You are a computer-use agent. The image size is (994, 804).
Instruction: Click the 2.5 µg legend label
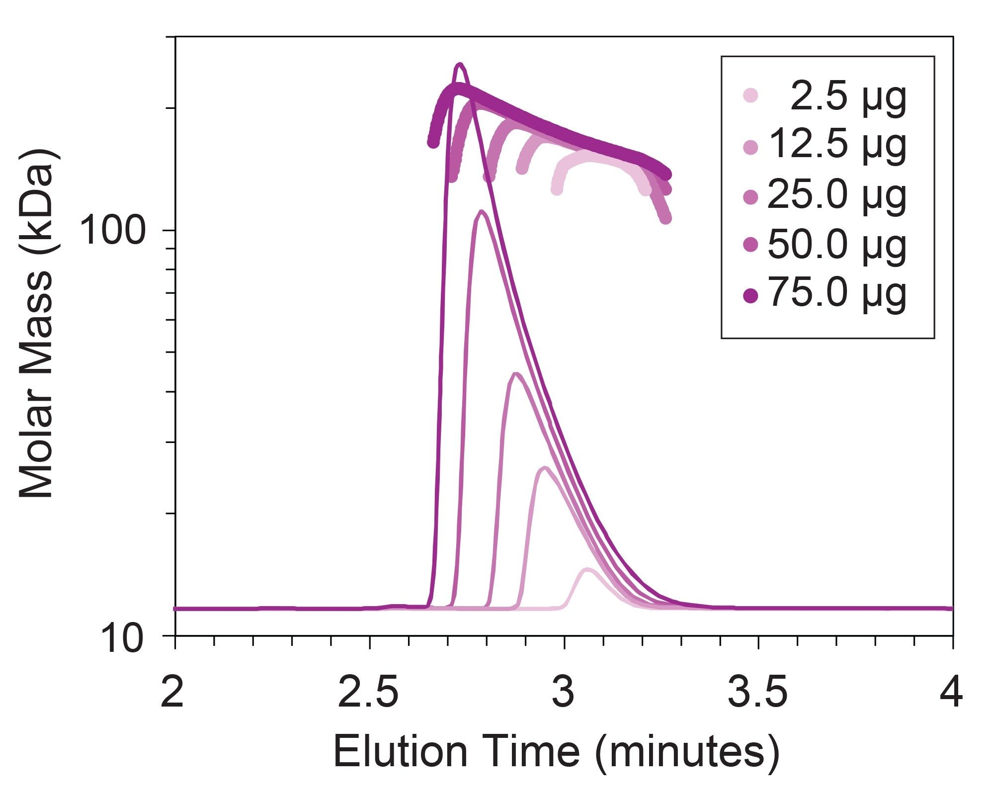(848, 97)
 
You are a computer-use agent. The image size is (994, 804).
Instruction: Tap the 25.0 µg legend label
(837, 195)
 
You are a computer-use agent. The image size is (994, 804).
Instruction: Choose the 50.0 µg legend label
(837, 245)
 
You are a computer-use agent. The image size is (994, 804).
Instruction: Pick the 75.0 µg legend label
(837, 294)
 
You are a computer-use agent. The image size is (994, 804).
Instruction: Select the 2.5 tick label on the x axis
(368, 693)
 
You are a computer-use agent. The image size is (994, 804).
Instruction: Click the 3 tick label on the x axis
(564, 693)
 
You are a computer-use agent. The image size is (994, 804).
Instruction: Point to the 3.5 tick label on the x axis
(757, 693)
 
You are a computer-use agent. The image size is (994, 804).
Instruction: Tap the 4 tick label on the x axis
(951, 693)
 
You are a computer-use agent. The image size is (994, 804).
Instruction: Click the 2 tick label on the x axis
(173, 693)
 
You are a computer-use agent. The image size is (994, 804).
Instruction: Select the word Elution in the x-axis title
(401, 752)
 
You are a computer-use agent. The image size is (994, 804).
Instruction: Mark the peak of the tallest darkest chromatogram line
(460, 64)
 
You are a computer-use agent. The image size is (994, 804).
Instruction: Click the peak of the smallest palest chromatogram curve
(587, 569)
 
